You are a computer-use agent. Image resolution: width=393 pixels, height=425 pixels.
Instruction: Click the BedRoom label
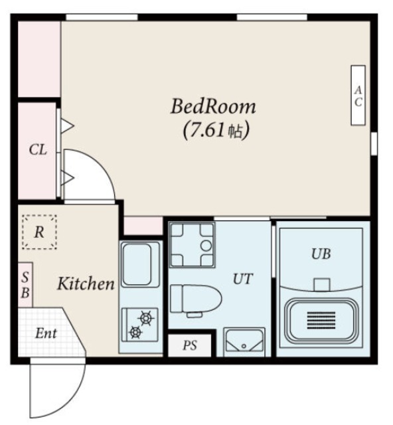(x=213, y=106)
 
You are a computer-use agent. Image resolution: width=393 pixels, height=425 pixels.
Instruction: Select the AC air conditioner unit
(x=358, y=96)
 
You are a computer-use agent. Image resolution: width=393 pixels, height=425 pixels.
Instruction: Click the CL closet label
(x=38, y=149)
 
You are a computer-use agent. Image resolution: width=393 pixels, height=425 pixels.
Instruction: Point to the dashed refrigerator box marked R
(x=39, y=232)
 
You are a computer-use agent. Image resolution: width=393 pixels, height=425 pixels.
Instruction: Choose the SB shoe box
(x=25, y=285)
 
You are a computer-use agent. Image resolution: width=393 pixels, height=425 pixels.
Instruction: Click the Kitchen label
(x=86, y=284)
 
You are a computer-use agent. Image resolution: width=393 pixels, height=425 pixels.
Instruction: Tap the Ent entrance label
(x=46, y=333)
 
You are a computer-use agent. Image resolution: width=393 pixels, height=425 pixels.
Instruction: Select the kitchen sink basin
(x=137, y=264)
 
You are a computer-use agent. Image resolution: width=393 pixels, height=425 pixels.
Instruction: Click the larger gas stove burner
(x=146, y=317)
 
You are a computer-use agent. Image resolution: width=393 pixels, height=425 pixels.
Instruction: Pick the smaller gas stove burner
(x=135, y=331)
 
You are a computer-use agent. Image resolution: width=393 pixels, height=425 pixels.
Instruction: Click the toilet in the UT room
(x=196, y=299)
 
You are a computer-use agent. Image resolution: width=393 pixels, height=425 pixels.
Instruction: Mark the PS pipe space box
(x=190, y=345)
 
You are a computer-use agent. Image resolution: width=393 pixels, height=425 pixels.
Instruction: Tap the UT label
(x=243, y=279)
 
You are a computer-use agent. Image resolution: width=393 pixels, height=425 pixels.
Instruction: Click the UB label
(x=321, y=254)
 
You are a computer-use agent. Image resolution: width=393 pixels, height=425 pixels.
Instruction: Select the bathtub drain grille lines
(x=321, y=320)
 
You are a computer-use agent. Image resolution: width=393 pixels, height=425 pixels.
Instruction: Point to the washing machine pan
(x=192, y=245)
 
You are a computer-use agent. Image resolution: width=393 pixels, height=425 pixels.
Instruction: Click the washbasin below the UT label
(x=244, y=342)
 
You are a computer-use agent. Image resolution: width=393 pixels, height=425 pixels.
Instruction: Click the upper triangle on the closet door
(x=66, y=126)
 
